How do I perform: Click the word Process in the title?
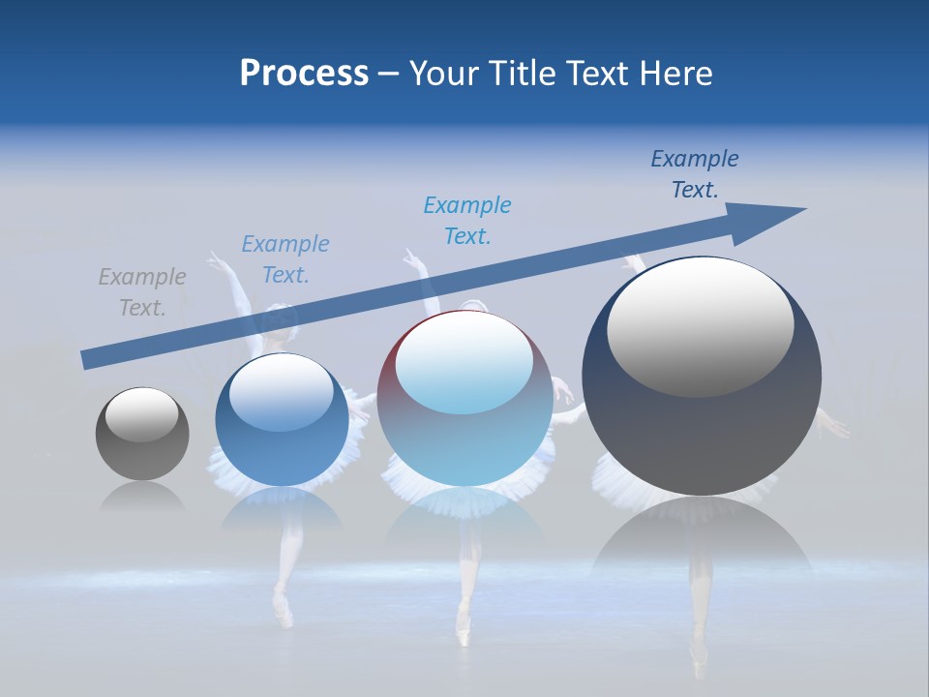pos(304,74)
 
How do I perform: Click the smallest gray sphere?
pos(142,434)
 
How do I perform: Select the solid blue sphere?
pos(282,421)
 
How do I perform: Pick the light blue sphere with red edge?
pos(464,399)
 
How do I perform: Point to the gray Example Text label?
pos(142,291)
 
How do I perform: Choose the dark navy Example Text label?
pos(695,174)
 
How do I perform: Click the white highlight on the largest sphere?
pos(701,327)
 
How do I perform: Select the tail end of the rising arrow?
pos(89,359)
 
